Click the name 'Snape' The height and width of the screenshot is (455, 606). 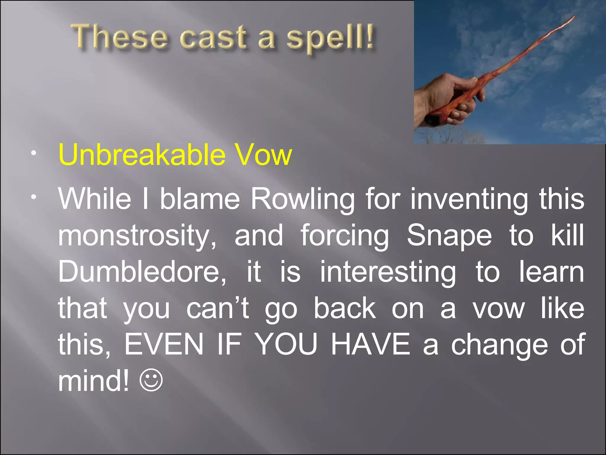tap(449, 235)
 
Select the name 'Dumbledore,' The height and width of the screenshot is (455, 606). tap(142, 272)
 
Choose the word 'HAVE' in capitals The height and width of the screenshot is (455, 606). tap(370, 345)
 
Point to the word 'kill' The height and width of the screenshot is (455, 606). tap(568, 235)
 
